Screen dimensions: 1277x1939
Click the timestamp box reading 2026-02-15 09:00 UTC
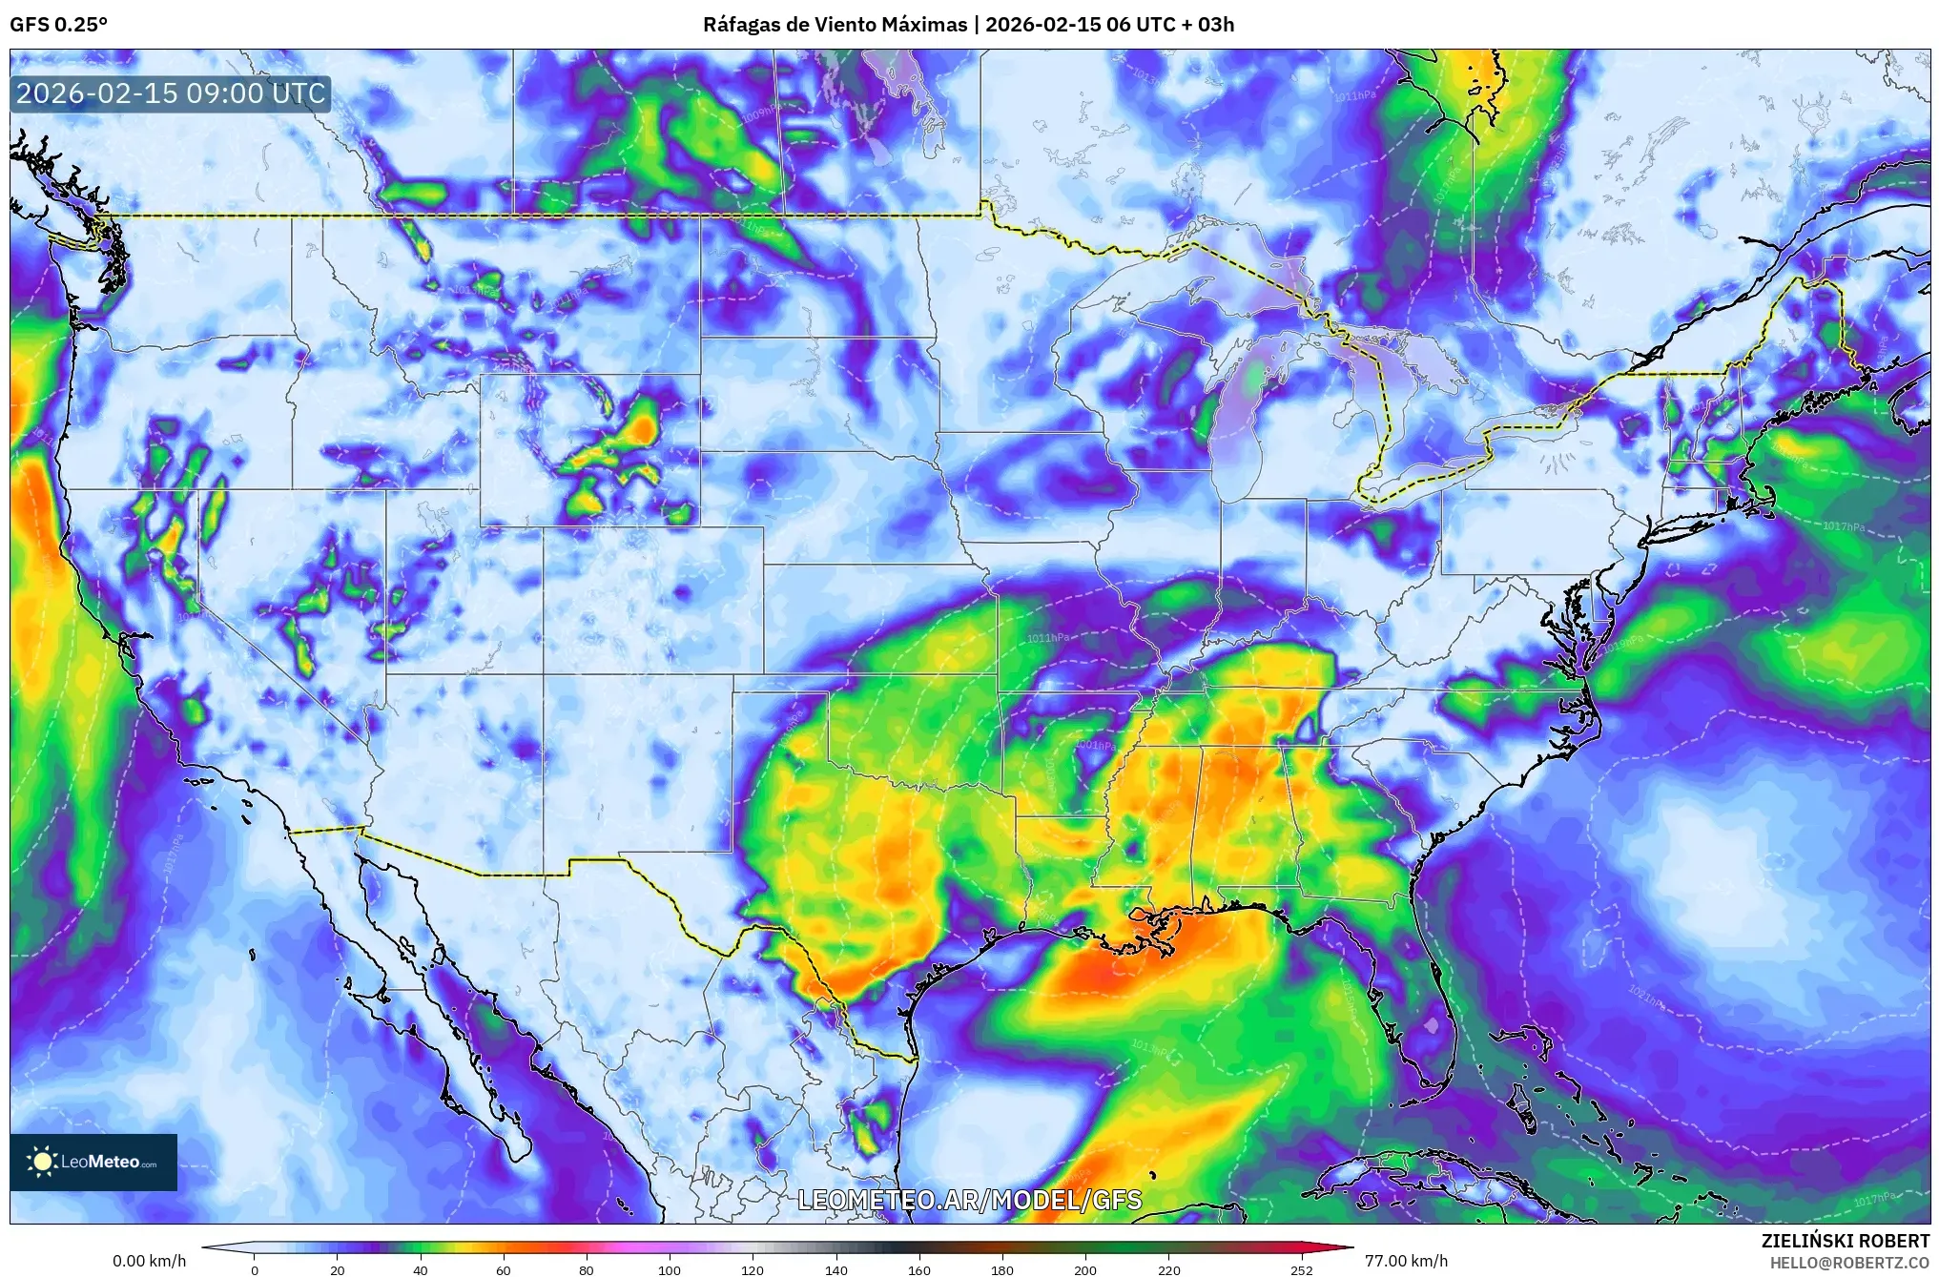[x=171, y=93]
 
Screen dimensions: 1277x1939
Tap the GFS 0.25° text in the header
[x=58, y=25]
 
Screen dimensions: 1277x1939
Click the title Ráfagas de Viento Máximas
[x=835, y=25]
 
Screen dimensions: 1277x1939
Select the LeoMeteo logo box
[x=93, y=1162]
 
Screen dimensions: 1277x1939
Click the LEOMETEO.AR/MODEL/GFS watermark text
[x=969, y=1200]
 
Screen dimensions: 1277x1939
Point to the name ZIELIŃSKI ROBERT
[x=1845, y=1241]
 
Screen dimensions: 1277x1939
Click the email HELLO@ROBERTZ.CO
[x=1848, y=1263]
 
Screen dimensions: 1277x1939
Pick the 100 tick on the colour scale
[x=670, y=1269]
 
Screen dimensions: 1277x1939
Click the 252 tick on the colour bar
[x=1301, y=1269]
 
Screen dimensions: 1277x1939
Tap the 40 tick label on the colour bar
[x=420, y=1269]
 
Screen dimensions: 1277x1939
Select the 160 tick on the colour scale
[x=919, y=1269]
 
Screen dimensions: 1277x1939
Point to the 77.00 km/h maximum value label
[x=1406, y=1261]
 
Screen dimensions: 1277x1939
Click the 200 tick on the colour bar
[x=1085, y=1269]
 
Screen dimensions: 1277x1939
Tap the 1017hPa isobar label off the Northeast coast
[x=1843, y=526]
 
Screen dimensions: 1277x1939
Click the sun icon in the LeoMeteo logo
[x=42, y=1162]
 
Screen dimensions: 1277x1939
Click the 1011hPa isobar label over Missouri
[x=1047, y=638]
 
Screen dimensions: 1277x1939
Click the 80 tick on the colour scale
[x=586, y=1269]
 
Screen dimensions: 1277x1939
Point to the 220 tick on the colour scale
[x=1168, y=1269]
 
